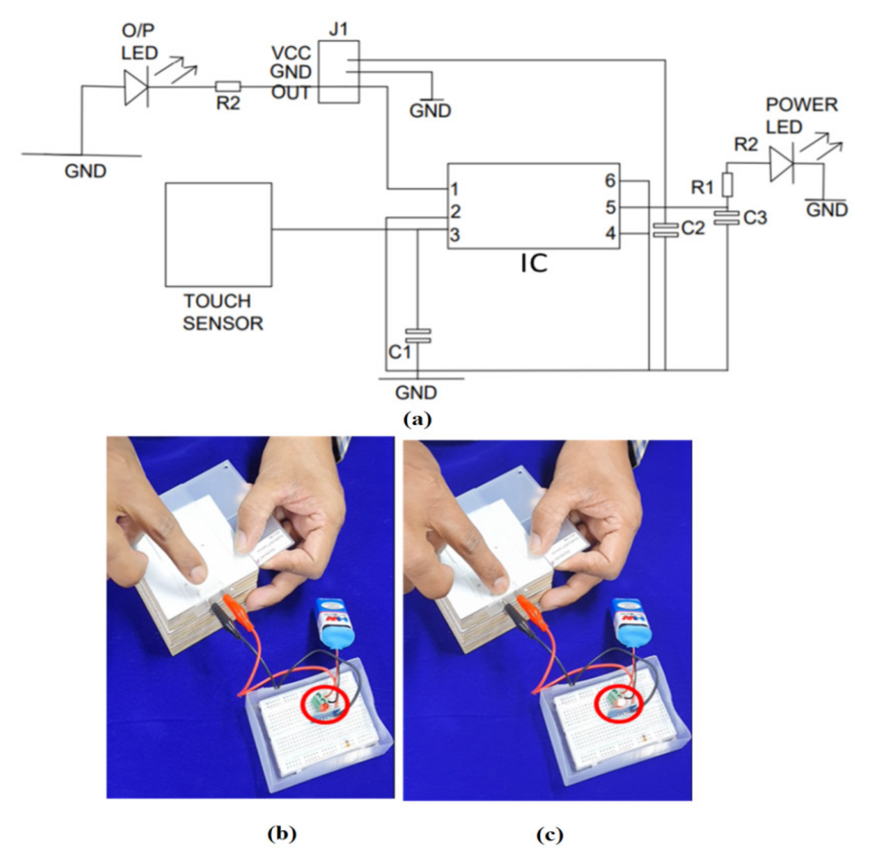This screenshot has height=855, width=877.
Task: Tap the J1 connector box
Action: point(338,72)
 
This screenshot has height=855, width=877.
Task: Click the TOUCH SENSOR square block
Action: point(218,234)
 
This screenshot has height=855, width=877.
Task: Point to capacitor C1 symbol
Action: point(418,336)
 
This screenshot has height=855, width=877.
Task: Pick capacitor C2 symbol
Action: point(665,230)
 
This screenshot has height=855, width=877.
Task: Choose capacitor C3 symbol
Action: point(726,217)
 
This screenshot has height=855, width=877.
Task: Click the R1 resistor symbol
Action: point(727,185)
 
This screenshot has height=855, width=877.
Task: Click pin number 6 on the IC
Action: point(609,181)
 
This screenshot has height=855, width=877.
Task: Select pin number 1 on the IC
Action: point(454,190)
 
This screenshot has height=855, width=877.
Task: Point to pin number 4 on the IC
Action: point(610,233)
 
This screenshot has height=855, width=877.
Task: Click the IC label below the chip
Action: point(533,263)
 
